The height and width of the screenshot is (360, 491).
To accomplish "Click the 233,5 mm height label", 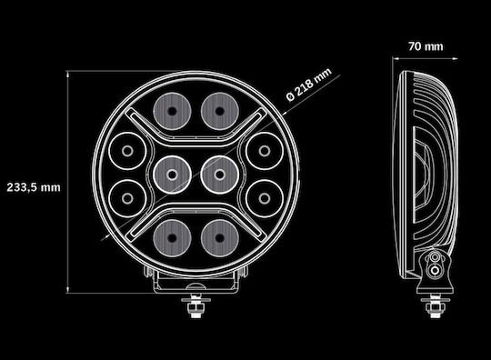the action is point(34,187).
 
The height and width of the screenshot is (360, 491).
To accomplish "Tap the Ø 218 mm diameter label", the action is point(309,85).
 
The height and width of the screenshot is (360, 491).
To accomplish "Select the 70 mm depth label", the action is point(426,46).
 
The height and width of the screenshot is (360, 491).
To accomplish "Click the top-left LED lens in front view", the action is point(172,111).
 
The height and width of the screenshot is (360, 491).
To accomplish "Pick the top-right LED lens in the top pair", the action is point(219,111).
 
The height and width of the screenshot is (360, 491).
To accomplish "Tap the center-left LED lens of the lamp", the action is point(172,175).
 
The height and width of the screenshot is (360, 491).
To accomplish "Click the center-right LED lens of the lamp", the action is point(219,175).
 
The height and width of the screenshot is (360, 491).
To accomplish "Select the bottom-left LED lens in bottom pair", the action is point(172,238).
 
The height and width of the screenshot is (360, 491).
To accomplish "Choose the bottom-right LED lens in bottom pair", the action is point(219,238).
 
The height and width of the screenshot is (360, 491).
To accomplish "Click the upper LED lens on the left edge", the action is point(127,151).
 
